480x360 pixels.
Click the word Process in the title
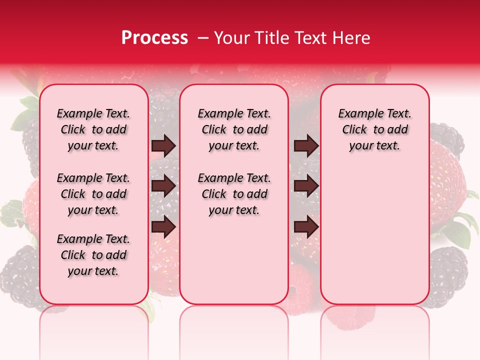[154, 38]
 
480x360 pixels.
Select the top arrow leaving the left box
[163, 146]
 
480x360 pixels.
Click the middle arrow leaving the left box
[163, 186]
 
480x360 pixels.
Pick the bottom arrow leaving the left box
[163, 226]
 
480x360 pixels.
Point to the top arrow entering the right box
[306, 146]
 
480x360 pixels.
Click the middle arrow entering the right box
[306, 186]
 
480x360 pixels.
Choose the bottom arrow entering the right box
[306, 226]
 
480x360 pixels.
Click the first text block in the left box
[93, 129]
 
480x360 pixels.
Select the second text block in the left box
[93, 194]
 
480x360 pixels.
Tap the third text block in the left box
[93, 255]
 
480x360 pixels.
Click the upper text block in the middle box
[234, 129]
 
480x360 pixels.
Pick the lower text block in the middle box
[234, 194]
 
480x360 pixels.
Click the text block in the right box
[374, 129]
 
